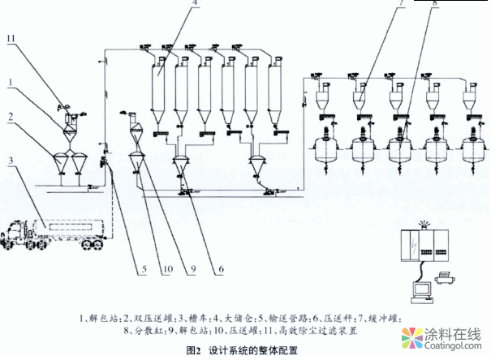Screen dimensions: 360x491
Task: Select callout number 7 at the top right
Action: tap(380, 4)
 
